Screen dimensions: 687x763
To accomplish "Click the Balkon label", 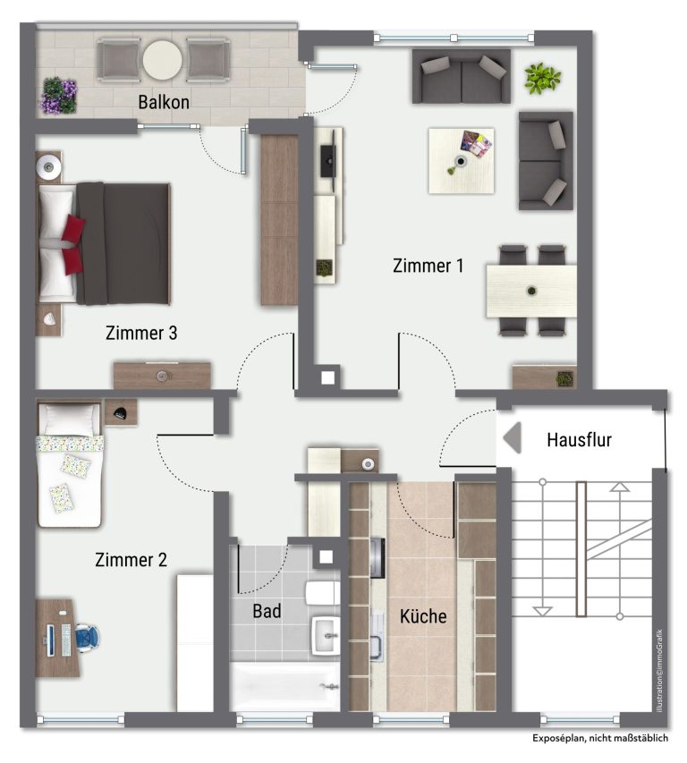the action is point(164,102).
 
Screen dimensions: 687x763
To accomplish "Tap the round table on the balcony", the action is point(163,60).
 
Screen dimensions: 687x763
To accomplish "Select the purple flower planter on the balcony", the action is point(58,96).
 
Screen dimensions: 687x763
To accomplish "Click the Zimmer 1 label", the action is point(428,266).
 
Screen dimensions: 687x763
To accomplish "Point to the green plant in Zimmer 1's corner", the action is point(542,78).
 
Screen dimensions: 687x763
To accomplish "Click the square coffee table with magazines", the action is point(462,161).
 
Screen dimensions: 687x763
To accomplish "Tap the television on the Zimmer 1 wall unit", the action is point(328,161).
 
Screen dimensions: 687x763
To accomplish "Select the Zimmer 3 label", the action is point(141,333).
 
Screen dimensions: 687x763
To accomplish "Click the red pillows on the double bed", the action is point(72,239).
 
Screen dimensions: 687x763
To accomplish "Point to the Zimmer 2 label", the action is point(131,560).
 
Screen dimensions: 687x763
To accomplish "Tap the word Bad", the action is point(267,611).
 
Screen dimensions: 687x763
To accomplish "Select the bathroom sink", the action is point(326,636).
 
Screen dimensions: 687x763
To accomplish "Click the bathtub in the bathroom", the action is point(284,686).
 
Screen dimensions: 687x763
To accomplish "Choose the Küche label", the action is point(423,616).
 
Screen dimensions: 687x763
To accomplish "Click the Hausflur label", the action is point(579,440).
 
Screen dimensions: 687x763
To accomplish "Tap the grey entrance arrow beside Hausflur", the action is point(512,437).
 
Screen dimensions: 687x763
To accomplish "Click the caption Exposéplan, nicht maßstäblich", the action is point(600,738).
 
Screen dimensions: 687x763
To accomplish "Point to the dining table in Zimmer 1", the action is point(531,291).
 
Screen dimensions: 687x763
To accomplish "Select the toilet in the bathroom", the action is point(322,593).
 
